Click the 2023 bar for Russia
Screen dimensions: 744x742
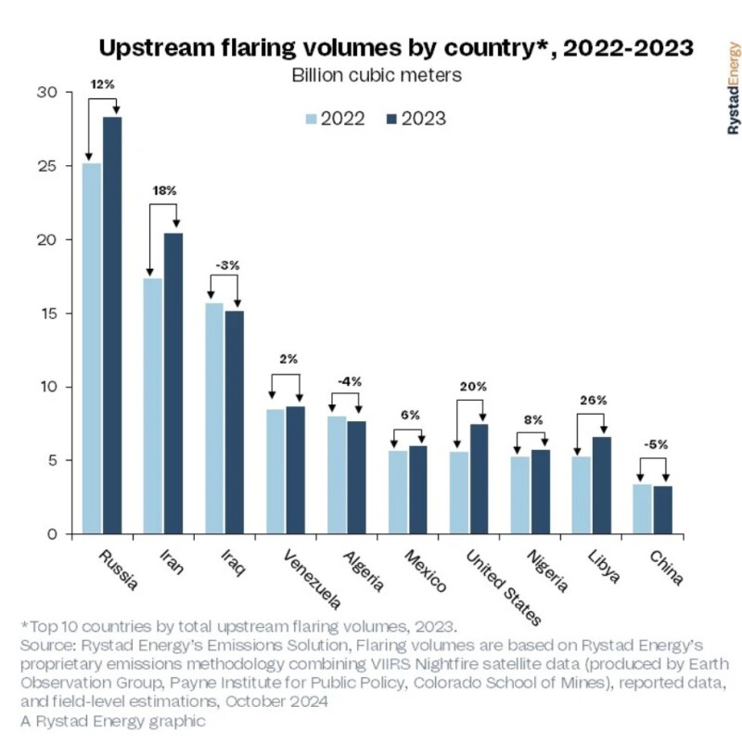[x=112, y=325]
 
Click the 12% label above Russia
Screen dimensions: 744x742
[x=102, y=84]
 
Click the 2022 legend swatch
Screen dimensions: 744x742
[x=312, y=119]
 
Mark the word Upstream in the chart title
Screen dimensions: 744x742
[x=157, y=46]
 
